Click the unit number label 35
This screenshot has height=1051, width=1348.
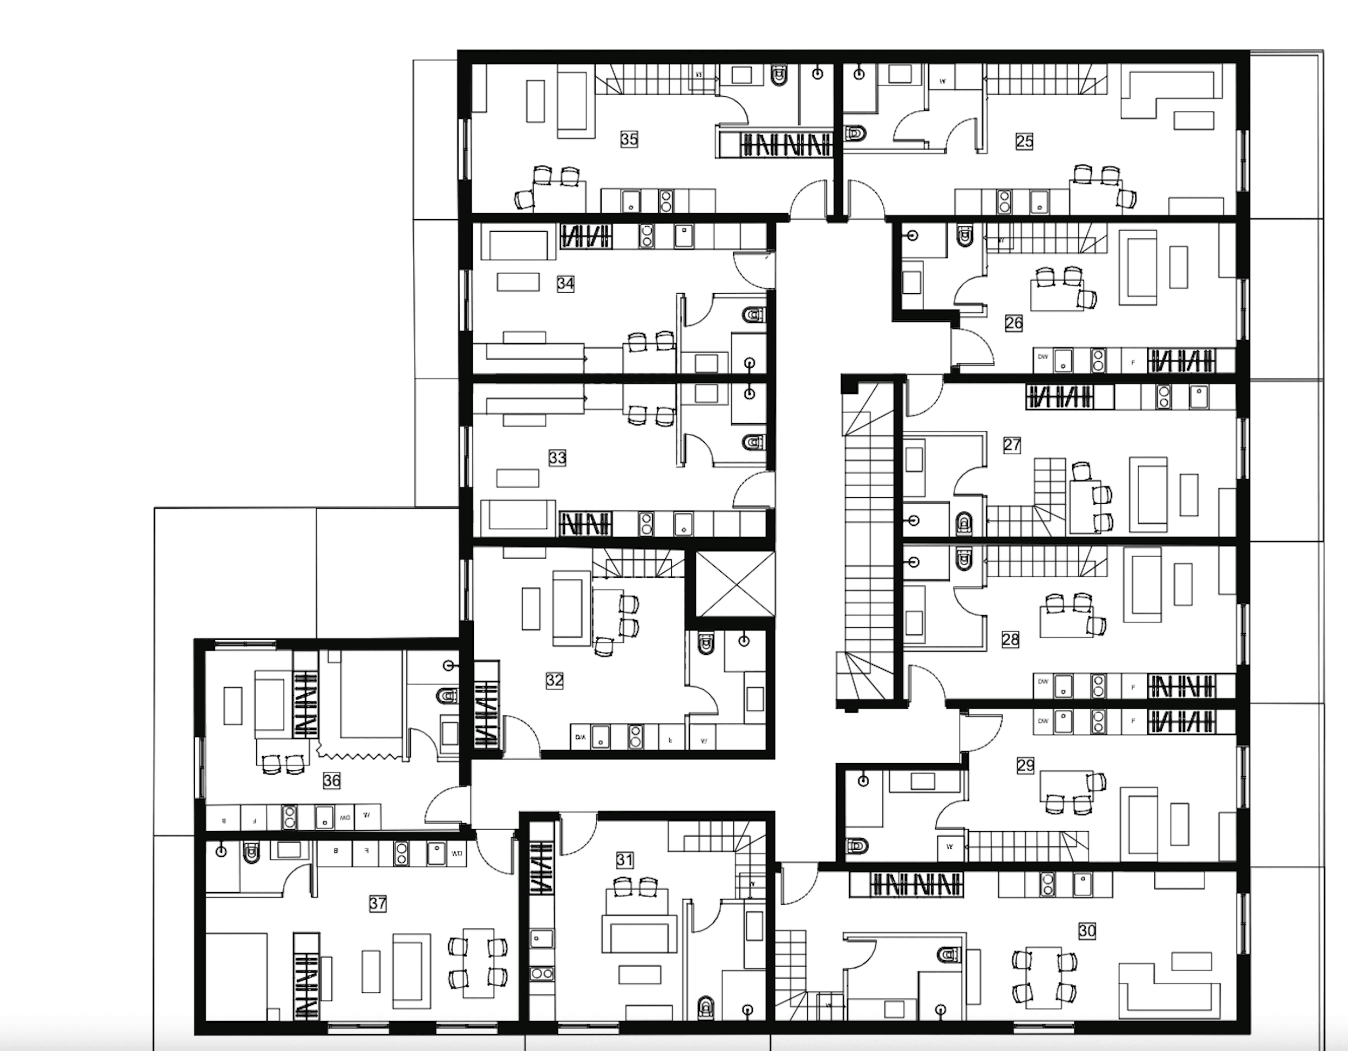pyautogui.click(x=629, y=139)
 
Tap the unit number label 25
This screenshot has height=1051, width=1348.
pyautogui.click(x=1024, y=141)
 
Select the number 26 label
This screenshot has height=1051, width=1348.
pyautogui.click(x=1013, y=323)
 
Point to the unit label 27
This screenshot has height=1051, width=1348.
pyautogui.click(x=1012, y=444)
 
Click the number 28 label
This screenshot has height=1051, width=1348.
pyautogui.click(x=1010, y=639)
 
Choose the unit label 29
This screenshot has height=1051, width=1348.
pyautogui.click(x=1025, y=766)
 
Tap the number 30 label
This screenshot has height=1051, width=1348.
pyautogui.click(x=1087, y=931)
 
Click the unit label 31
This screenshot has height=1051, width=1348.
pyautogui.click(x=624, y=860)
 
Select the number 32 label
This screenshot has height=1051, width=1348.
pyautogui.click(x=554, y=680)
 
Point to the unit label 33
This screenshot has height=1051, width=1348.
pyautogui.click(x=558, y=458)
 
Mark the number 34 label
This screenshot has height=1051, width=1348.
pyautogui.click(x=565, y=283)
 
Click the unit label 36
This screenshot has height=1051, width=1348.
pyautogui.click(x=331, y=781)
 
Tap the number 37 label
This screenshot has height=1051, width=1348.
pyautogui.click(x=378, y=904)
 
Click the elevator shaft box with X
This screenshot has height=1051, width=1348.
pyautogui.click(x=734, y=584)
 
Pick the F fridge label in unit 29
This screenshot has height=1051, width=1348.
pyautogui.click(x=1133, y=721)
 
